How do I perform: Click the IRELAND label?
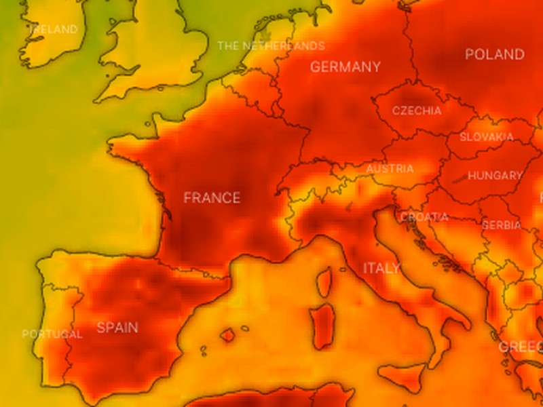52,30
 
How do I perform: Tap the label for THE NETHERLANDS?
271,46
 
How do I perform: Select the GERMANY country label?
345,67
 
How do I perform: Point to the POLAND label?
494,54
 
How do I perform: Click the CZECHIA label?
417,111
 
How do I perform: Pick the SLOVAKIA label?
487,137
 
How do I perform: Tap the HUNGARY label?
495,176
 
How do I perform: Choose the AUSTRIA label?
390,169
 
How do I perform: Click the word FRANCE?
212,198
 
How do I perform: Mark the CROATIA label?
424,218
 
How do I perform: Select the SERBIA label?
502,225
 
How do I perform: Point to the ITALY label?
381,268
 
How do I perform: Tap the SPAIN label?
117,328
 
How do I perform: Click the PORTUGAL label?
52,334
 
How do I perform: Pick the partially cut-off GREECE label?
521,347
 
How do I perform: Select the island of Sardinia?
324,324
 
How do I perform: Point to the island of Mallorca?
228,334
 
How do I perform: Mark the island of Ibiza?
203,351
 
